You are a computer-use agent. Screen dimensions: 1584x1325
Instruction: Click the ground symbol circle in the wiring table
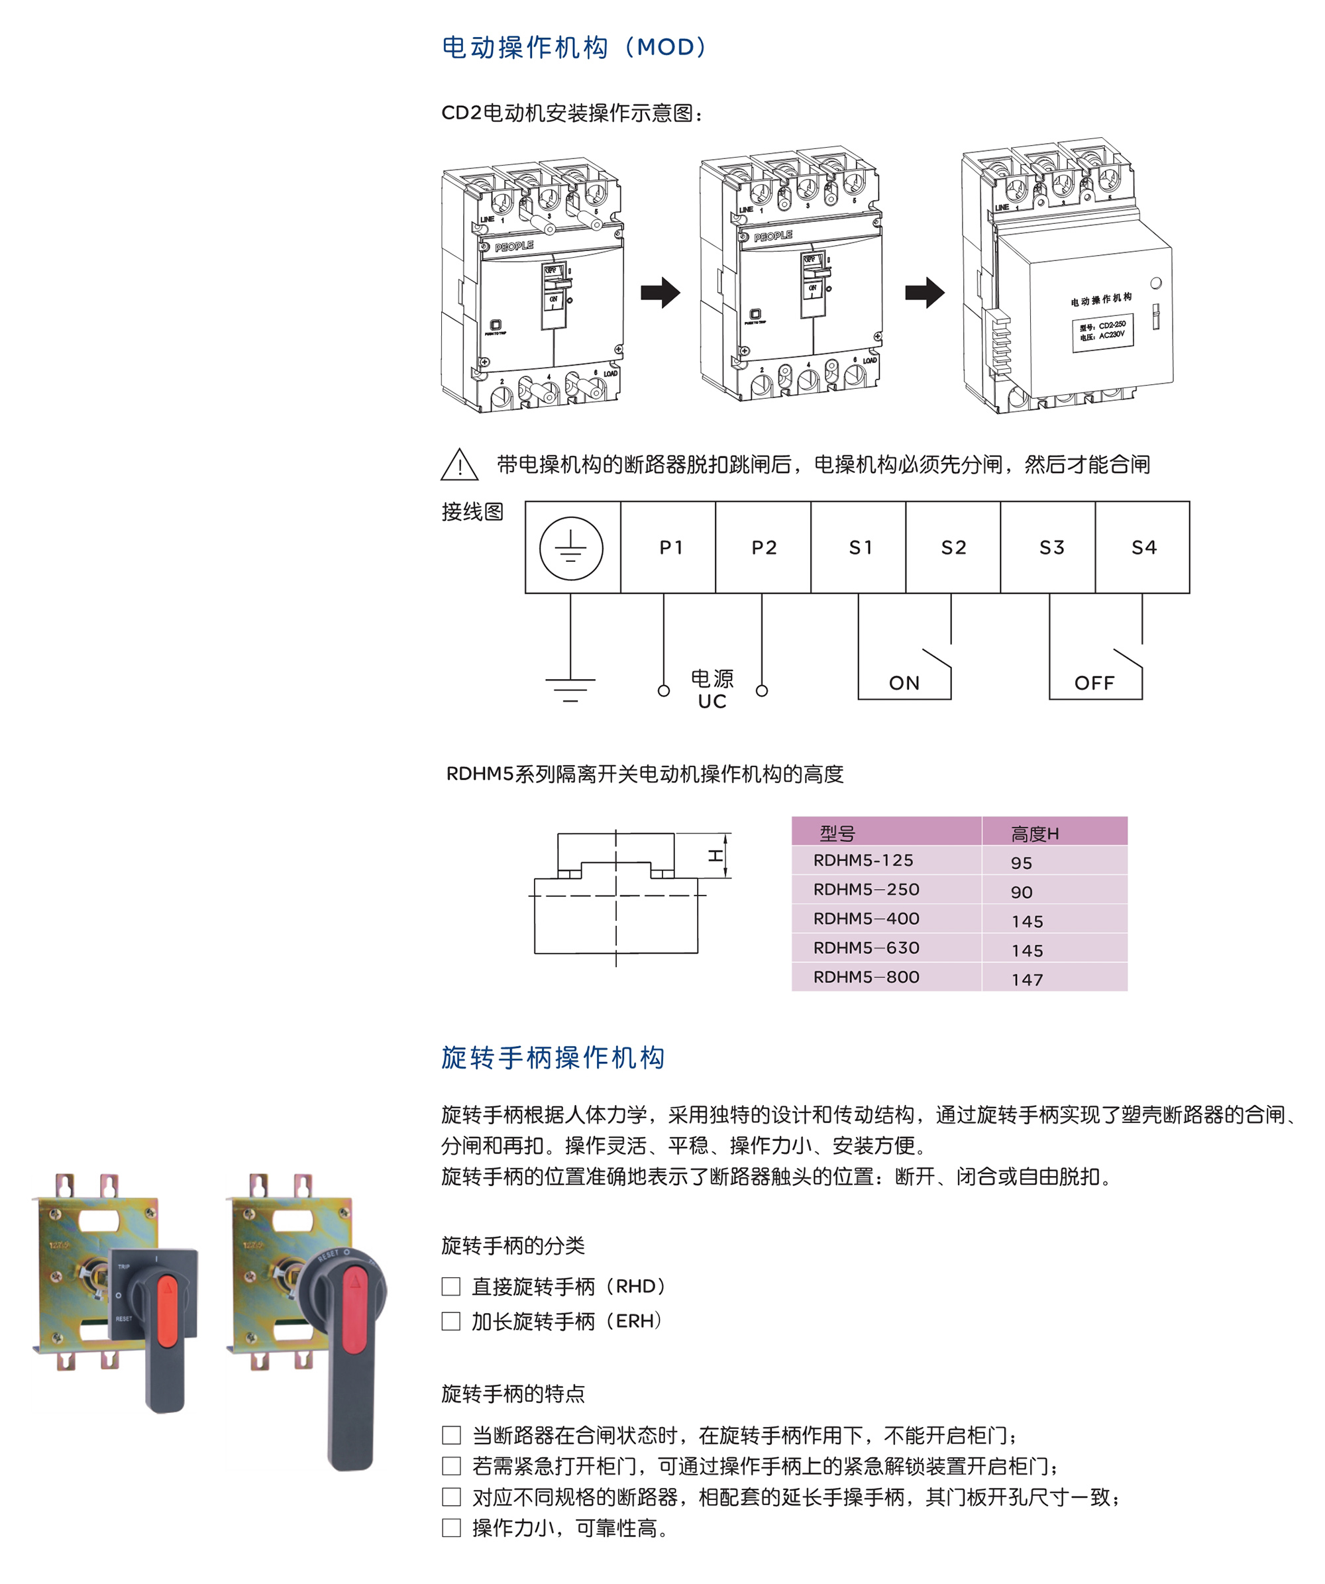pyautogui.click(x=571, y=549)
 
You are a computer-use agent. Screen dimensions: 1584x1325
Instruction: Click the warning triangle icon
pyautogui.click(x=459, y=464)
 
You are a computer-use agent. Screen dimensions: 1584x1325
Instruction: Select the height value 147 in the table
pyautogui.click(x=1027, y=980)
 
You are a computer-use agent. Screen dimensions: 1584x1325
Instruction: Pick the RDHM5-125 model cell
pyautogui.click(x=863, y=861)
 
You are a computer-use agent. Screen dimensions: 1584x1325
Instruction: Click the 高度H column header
pyautogui.click(x=1035, y=833)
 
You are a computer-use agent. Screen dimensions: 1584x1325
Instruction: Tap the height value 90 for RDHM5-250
pyautogui.click(x=1021, y=892)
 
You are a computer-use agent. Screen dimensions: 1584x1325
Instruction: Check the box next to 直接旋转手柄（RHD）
pyautogui.click(x=451, y=1286)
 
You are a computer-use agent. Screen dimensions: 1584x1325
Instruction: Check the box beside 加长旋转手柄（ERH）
pyautogui.click(x=451, y=1321)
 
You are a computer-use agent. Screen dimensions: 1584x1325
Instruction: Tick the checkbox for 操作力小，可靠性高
pyautogui.click(x=451, y=1528)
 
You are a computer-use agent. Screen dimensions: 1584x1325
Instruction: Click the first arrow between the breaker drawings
pyautogui.click(x=660, y=293)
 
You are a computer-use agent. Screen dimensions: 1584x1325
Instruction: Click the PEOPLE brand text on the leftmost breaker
pyautogui.click(x=513, y=246)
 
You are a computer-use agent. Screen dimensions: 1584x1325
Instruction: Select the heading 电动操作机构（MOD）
pyautogui.click(x=574, y=48)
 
